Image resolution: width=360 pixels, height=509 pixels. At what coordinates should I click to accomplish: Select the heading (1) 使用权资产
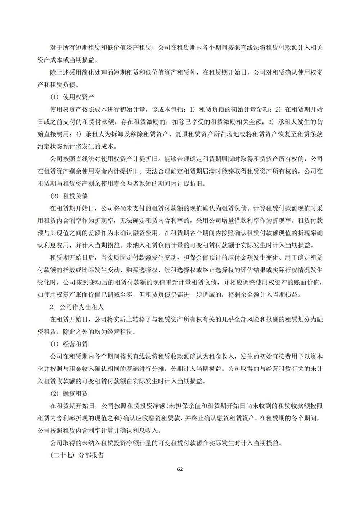72,97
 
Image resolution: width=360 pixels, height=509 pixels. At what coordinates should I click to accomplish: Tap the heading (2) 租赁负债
69,196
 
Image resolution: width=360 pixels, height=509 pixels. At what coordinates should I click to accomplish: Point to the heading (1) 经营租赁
69,344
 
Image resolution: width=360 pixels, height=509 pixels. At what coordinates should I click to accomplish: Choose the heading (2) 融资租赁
69,393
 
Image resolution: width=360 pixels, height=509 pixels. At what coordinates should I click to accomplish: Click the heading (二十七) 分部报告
77,455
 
